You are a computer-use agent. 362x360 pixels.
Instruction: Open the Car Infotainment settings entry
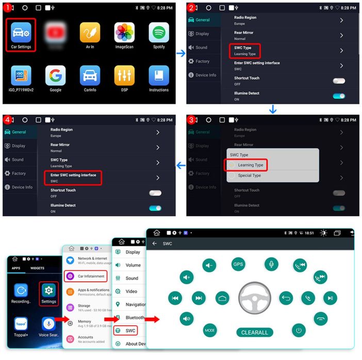(x=86, y=276)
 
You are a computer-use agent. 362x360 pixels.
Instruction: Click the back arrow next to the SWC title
(x=154, y=244)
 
